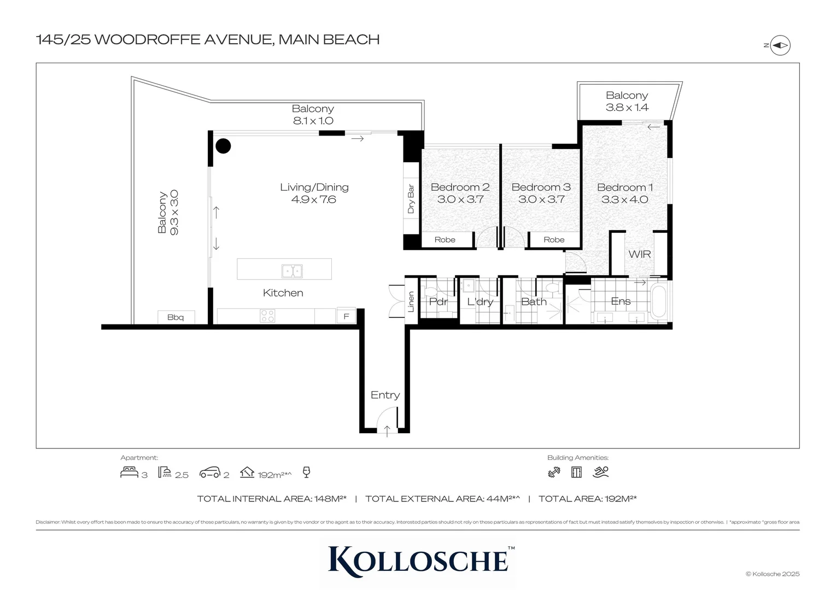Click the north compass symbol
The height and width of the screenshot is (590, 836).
780,46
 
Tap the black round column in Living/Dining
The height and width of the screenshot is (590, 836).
223,146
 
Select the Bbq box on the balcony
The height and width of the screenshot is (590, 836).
176,317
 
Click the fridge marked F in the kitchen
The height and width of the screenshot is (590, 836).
346,316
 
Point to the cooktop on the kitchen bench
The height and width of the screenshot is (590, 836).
267,316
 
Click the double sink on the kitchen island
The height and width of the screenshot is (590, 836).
292,270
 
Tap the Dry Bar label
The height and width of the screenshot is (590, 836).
411,199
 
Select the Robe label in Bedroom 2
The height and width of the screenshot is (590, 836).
445,240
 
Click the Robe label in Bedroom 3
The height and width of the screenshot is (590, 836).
554,240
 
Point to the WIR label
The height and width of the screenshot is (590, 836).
639,254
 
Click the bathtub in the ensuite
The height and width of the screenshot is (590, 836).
658,301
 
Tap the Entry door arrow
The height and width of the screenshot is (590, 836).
387,430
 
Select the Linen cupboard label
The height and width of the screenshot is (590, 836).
411,302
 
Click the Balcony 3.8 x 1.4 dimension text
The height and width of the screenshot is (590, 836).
627,108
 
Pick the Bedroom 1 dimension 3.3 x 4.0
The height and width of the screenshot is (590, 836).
624,200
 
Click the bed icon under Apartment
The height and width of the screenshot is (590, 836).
129,473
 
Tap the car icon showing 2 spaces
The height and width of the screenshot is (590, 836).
210,473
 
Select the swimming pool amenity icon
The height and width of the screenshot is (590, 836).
600,472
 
